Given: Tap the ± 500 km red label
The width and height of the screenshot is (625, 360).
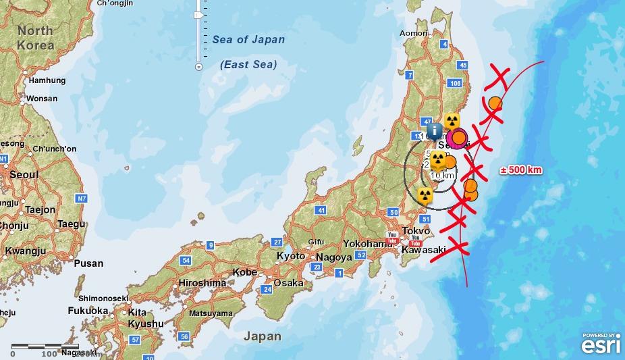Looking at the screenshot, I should click(521, 170).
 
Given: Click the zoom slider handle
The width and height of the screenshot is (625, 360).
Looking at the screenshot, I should click(198, 14).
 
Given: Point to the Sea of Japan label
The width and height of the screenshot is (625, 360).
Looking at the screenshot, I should click(248, 40).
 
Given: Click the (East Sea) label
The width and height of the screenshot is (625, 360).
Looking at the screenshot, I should click(248, 65).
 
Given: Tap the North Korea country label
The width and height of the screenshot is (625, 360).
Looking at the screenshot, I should click(35, 38).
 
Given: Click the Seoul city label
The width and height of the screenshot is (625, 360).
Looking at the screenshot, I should click(24, 174).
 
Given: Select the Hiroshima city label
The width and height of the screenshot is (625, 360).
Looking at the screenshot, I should click(202, 283).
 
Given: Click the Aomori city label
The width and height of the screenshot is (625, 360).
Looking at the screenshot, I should click(413, 32).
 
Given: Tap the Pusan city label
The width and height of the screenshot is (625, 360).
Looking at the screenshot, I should click(88, 263).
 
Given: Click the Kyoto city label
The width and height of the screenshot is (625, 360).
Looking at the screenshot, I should click(291, 256).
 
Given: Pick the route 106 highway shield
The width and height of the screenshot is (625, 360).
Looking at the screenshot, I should click(454, 83).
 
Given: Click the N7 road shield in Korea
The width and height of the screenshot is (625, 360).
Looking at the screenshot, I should click(82, 199).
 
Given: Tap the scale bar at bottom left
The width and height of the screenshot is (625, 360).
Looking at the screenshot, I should click(45, 347).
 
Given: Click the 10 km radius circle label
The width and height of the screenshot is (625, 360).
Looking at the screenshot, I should click(442, 176).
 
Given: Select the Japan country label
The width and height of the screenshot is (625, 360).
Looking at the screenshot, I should click(263, 336).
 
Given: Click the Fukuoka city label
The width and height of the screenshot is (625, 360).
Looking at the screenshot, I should click(88, 311).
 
